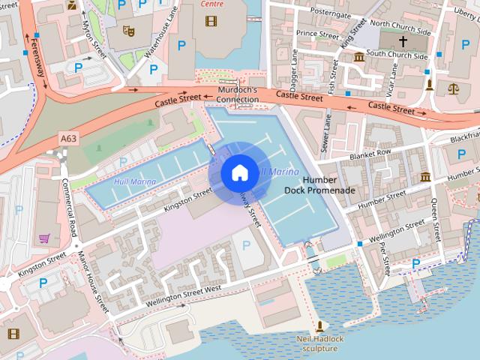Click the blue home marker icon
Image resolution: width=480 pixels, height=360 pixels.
coord(239,172)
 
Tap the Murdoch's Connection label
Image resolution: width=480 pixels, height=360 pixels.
coord(237,94)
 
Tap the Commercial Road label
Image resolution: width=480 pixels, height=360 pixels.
coord(72,206)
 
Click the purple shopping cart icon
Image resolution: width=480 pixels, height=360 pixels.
coord(44,238)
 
